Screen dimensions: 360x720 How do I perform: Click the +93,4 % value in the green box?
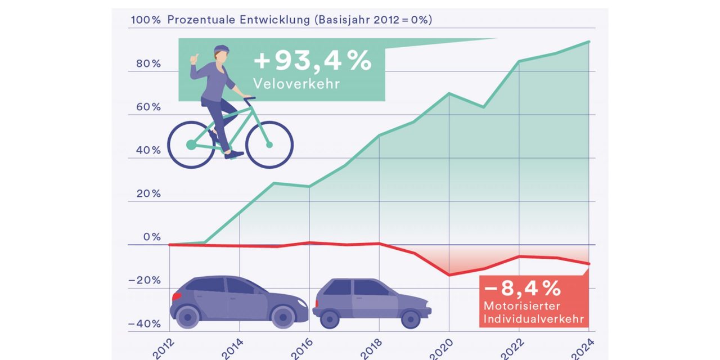pyautogui.click(x=312, y=61)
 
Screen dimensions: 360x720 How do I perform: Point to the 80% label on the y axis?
pyautogui.click(x=148, y=64)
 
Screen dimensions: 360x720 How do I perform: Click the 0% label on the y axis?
pyautogui.click(x=152, y=237)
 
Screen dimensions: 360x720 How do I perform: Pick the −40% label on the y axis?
pyautogui.click(x=144, y=324)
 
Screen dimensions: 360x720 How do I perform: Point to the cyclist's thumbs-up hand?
pyautogui.click(x=195, y=58)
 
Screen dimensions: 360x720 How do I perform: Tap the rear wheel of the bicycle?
pyautogui.click(x=191, y=145)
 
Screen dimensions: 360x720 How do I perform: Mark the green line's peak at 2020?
pyautogui.click(x=449, y=93)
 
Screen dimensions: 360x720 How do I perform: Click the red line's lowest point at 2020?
pyautogui.click(x=449, y=275)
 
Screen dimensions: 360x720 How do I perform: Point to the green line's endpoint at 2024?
pyautogui.click(x=588, y=42)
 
